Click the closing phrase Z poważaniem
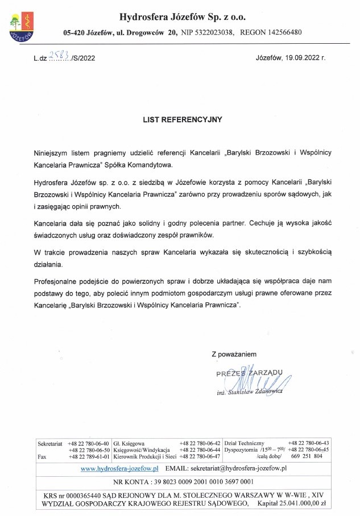(x=234, y=353)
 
